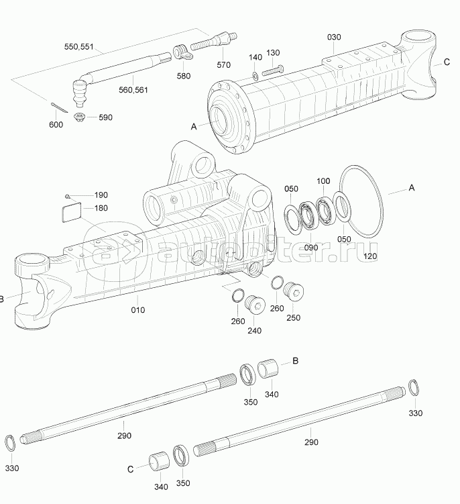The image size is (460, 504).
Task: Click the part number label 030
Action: click(335, 36)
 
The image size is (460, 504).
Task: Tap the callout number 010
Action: click(138, 310)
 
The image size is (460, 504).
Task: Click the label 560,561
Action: click(134, 89)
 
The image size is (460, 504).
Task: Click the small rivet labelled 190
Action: click(68, 195)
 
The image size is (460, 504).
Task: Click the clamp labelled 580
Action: click(180, 51)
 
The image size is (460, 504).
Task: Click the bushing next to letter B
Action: click(270, 367)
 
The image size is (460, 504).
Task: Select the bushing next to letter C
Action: click(160, 462)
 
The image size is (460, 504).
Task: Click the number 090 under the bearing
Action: click(311, 248)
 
